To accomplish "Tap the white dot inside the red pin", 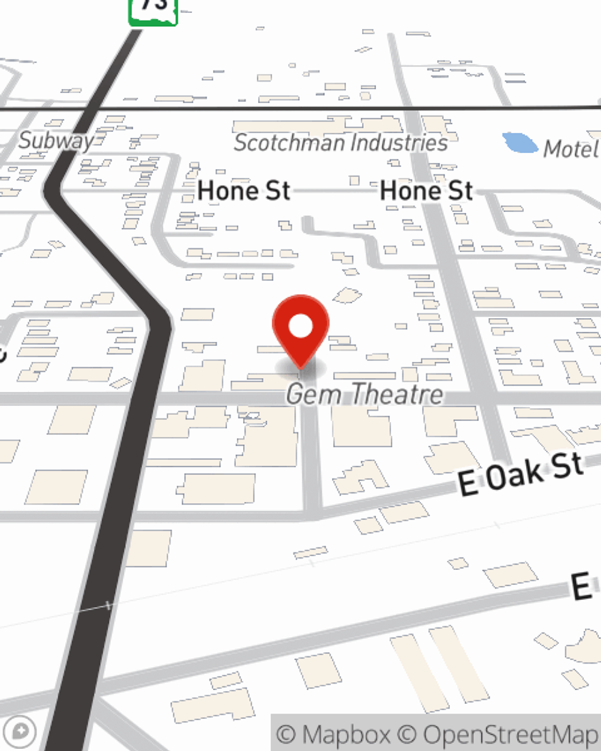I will (x=300, y=327).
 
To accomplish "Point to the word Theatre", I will (x=397, y=394).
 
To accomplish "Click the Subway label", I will (x=56, y=141).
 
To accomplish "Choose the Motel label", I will (x=571, y=149).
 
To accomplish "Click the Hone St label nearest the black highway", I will (x=243, y=191).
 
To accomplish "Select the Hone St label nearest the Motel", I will (x=426, y=191).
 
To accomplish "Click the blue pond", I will (x=520, y=142).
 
